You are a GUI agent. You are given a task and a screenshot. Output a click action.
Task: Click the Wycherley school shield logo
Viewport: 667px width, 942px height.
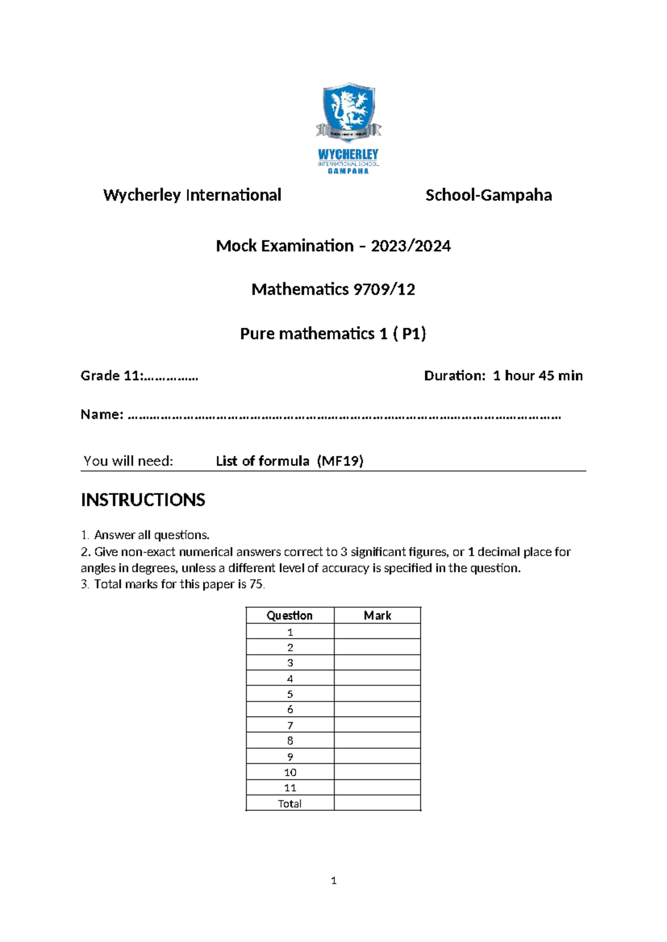coord(348,112)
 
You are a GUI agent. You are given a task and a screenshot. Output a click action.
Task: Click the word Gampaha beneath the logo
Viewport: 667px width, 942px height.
coord(348,171)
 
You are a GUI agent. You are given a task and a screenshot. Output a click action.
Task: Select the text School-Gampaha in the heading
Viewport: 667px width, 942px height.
coord(488,196)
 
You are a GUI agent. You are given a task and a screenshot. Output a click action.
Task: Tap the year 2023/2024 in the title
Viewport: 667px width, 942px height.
coord(411,246)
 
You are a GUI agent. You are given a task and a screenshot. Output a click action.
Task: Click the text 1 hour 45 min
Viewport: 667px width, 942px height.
coord(537,376)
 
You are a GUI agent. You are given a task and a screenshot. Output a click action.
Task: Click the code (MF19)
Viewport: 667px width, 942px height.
coord(340,461)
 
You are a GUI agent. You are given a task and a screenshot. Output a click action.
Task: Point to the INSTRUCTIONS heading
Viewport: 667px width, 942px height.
coord(143,500)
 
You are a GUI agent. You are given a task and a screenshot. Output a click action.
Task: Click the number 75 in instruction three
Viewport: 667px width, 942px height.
coord(256,584)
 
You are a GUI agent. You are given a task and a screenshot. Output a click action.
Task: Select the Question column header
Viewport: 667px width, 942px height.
coord(290,615)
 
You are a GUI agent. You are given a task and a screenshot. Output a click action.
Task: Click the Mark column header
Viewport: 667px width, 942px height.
coord(377,615)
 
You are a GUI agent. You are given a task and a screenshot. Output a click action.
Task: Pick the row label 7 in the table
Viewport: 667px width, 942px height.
coord(290,725)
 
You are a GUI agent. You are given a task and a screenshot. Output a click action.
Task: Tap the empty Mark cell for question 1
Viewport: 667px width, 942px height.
coord(377,632)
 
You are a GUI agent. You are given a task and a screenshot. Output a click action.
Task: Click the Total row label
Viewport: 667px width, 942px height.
coord(290,803)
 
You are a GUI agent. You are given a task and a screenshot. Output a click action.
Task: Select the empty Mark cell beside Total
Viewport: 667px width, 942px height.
coord(377,803)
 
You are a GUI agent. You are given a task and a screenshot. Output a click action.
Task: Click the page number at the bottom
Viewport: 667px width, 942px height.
coord(333,880)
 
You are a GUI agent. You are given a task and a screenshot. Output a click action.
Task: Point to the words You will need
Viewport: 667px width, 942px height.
coord(128,461)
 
